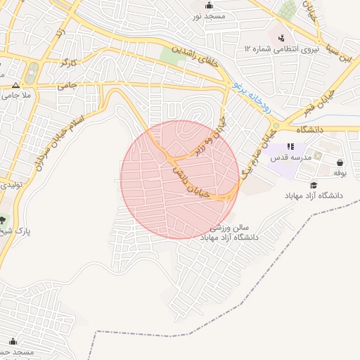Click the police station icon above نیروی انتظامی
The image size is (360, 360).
pyautogui.click(x=281, y=37)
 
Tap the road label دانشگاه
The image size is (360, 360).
pyautogui.click(x=309, y=130)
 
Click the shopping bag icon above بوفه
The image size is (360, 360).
pyautogui.click(x=340, y=162)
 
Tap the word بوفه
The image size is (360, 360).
pyautogui.click(x=340, y=173)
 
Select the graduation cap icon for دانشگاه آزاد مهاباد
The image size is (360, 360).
pyautogui.click(x=314, y=185)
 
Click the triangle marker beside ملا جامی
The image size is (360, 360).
pyautogui.click(x=15, y=83)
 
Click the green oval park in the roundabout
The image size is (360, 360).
pyautogui.click(x=32, y=71)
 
